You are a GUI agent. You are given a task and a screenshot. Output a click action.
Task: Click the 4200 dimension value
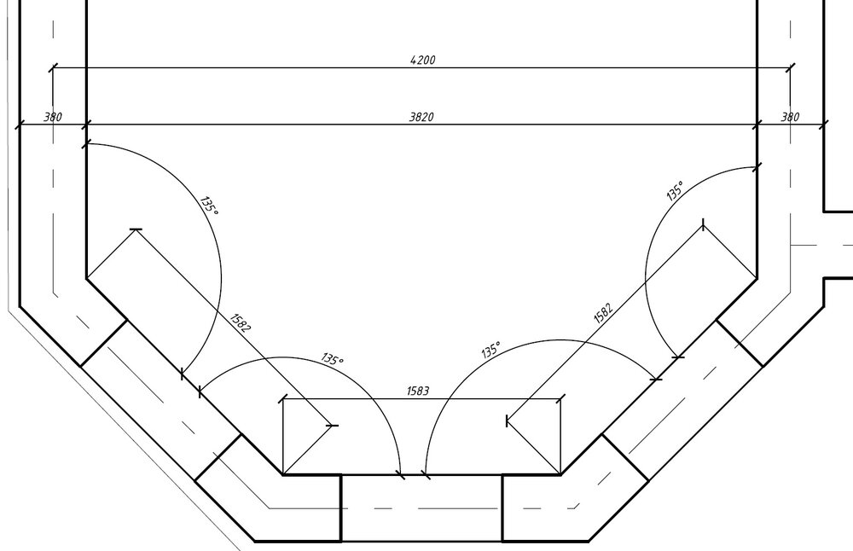pyautogui.click(x=423, y=60)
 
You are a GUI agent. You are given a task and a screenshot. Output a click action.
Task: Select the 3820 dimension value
pyautogui.click(x=421, y=117)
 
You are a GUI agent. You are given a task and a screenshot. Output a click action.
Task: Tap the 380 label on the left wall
pyautogui.click(x=53, y=117)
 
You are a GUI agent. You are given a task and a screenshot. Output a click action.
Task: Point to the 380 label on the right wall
pyautogui.click(x=791, y=117)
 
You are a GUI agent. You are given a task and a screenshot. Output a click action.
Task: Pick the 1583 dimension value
pyautogui.click(x=418, y=391)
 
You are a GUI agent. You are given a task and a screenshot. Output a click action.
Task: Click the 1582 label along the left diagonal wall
pyautogui.click(x=241, y=322)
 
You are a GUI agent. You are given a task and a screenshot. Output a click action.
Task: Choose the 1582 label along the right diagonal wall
pyautogui.click(x=603, y=313)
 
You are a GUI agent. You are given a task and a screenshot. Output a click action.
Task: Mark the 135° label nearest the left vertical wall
pyautogui.click(x=209, y=206)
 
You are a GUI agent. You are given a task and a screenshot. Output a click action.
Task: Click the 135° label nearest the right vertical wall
pyautogui.click(x=675, y=191)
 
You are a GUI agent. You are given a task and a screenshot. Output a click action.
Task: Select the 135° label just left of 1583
pyautogui.click(x=333, y=359)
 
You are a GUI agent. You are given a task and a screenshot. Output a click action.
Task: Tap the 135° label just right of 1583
pyautogui.click(x=490, y=350)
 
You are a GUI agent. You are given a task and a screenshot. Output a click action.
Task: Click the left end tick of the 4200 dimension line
pyautogui.click(x=53, y=67)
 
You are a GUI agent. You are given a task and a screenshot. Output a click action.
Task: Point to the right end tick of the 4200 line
pyautogui.click(x=791, y=67)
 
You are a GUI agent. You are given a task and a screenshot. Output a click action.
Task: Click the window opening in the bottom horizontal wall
pyautogui.click(x=421, y=508)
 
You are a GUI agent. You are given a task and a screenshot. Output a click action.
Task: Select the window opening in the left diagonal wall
pyautogui.click(x=161, y=400)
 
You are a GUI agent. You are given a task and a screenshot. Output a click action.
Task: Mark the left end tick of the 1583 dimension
pyautogui.click(x=283, y=399)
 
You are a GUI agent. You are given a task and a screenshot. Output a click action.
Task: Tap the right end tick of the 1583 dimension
pyautogui.click(x=561, y=399)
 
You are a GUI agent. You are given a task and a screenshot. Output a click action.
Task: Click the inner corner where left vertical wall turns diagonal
pyautogui.click(x=86, y=279)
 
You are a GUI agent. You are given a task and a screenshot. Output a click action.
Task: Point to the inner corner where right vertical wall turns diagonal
pyautogui.click(x=757, y=279)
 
